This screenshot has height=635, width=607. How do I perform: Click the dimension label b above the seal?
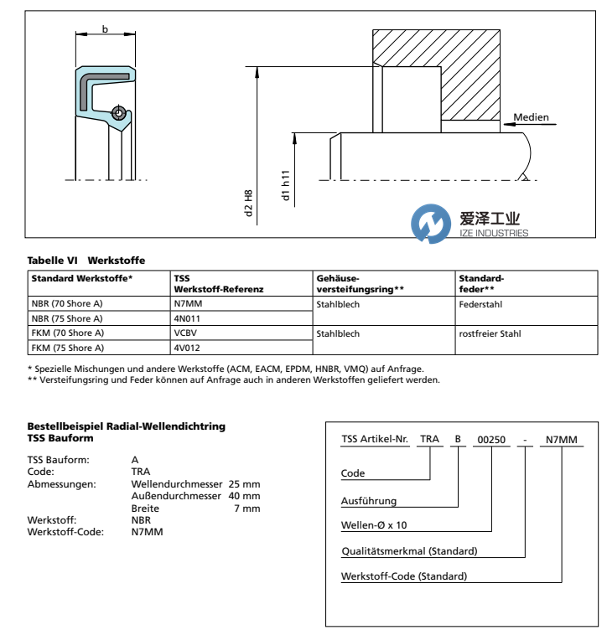point(105,29)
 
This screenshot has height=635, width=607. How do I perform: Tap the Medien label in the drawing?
point(531,116)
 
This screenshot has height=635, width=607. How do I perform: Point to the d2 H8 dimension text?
point(249,204)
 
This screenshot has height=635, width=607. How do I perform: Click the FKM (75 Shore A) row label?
point(66,347)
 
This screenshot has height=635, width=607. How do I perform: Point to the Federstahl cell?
point(478,305)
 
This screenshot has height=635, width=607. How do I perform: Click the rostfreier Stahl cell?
point(490,333)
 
